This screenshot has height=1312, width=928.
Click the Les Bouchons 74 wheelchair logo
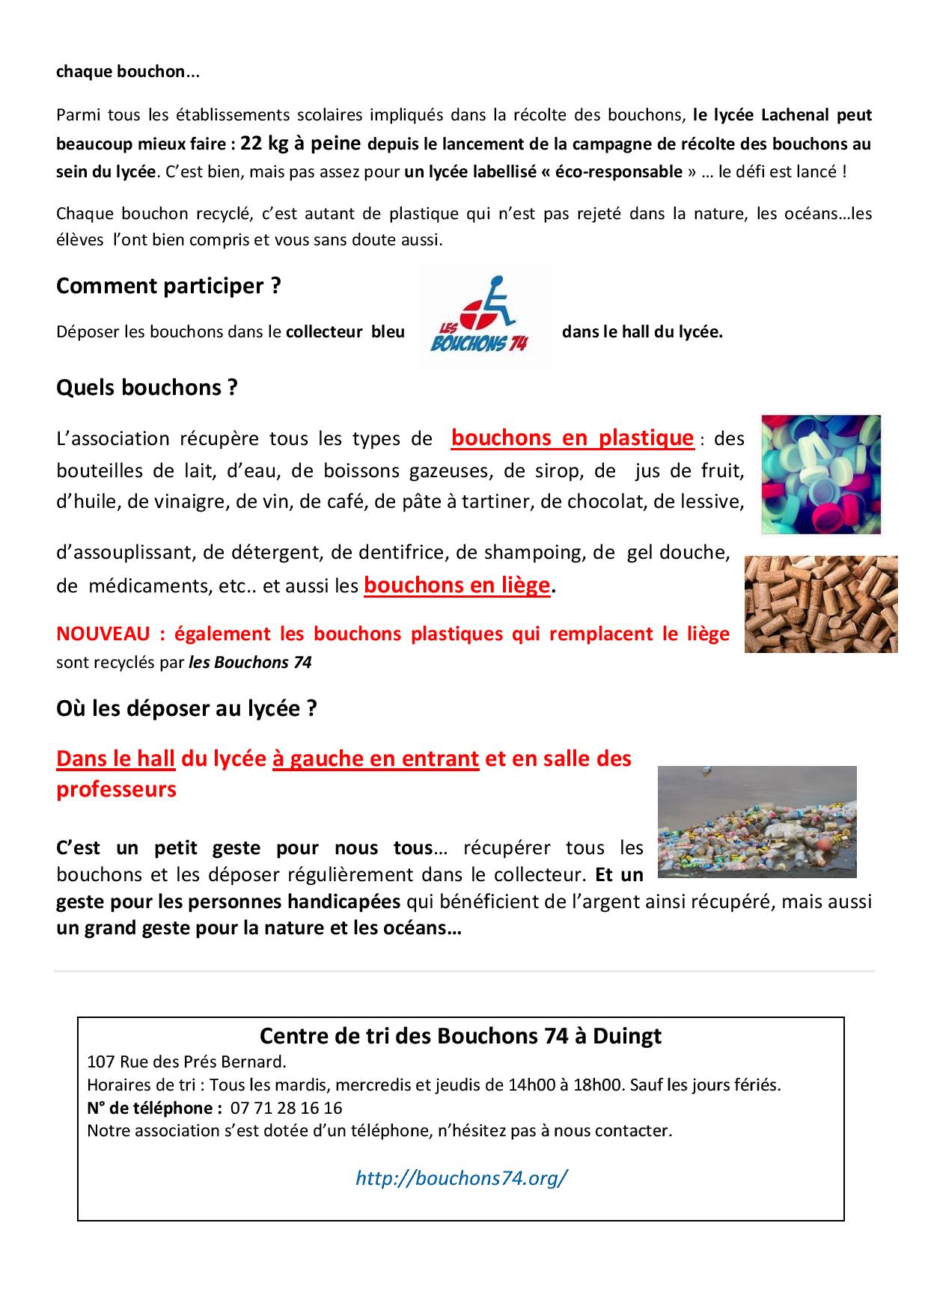tap(484, 317)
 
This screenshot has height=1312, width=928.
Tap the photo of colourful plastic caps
tap(821, 473)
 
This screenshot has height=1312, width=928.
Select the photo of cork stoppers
tap(821, 604)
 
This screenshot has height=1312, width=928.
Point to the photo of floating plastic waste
tap(757, 821)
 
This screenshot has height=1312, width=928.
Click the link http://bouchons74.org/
tap(461, 1178)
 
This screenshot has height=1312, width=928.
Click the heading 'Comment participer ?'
tap(168, 286)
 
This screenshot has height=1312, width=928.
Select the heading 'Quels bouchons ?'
tap(147, 387)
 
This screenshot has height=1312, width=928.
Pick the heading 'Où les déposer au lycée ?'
tap(186, 708)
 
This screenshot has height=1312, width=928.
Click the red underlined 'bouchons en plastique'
tap(572, 438)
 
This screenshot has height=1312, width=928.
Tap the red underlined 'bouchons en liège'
tap(457, 585)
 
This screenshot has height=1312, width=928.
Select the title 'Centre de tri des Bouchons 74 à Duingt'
tap(460, 1036)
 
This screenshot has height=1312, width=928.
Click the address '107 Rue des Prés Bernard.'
tap(186, 1061)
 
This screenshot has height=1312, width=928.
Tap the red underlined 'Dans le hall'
tap(115, 758)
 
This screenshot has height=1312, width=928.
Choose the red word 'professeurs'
tap(116, 790)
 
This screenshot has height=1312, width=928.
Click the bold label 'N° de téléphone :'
tap(154, 1108)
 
